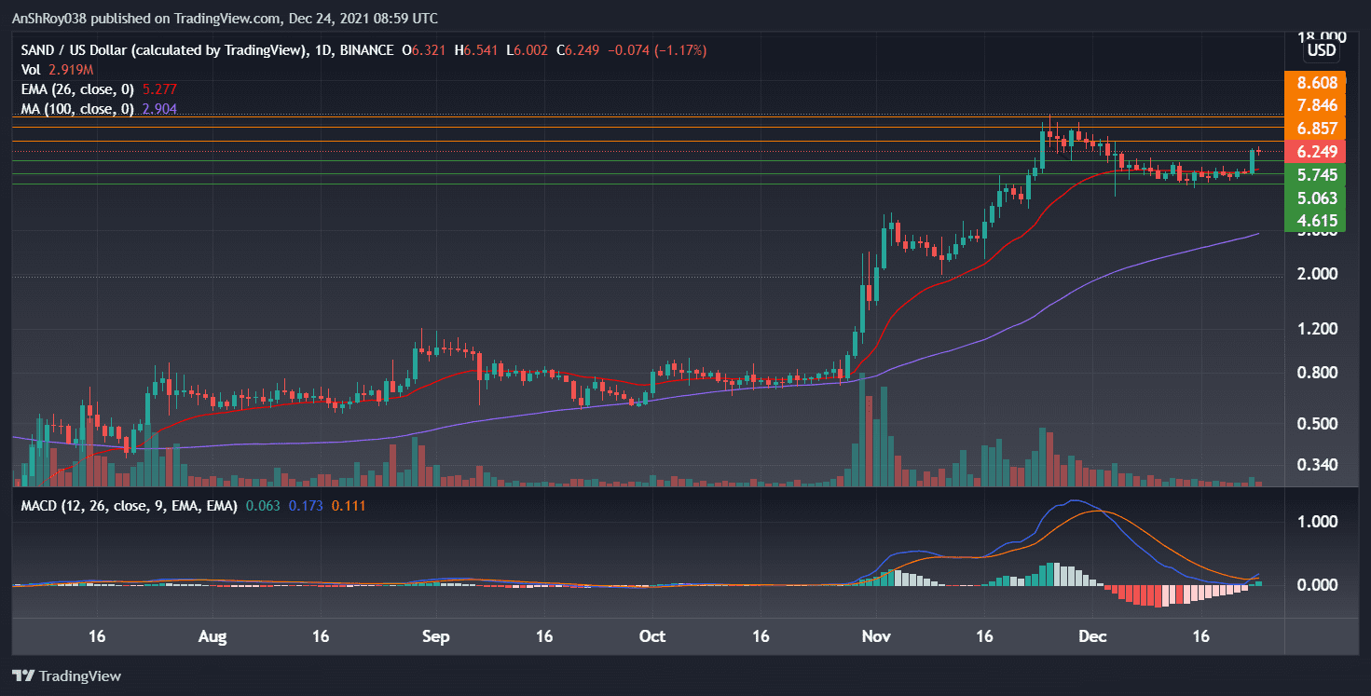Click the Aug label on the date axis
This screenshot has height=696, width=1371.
click(x=213, y=637)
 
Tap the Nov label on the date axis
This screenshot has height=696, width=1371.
click(x=876, y=637)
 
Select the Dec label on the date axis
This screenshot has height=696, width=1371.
click(x=1091, y=637)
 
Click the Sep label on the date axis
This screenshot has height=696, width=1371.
click(x=435, y=637)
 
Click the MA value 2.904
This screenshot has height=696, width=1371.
click(x=158, y=109)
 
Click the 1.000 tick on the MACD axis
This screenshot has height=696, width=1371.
click(x=1318, y=521)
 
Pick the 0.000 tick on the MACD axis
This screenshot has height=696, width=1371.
click(x=1318, y=585)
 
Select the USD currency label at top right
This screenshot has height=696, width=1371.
click(x=1322, y=50)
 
